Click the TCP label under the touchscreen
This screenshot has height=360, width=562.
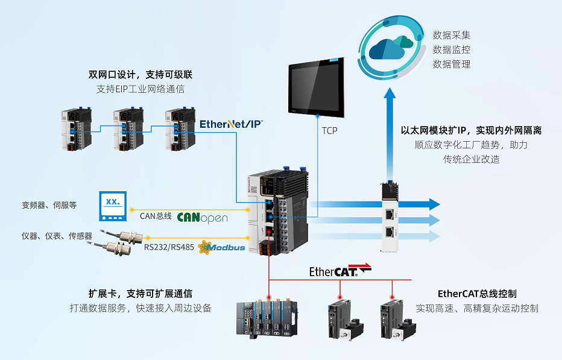click(329, 130)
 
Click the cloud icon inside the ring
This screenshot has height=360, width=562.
click(393, 47)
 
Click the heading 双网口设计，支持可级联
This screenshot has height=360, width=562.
click(140, 75)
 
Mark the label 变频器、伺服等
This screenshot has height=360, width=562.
click(49, 205)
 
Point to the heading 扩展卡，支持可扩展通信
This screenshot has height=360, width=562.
click(140, 294)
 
